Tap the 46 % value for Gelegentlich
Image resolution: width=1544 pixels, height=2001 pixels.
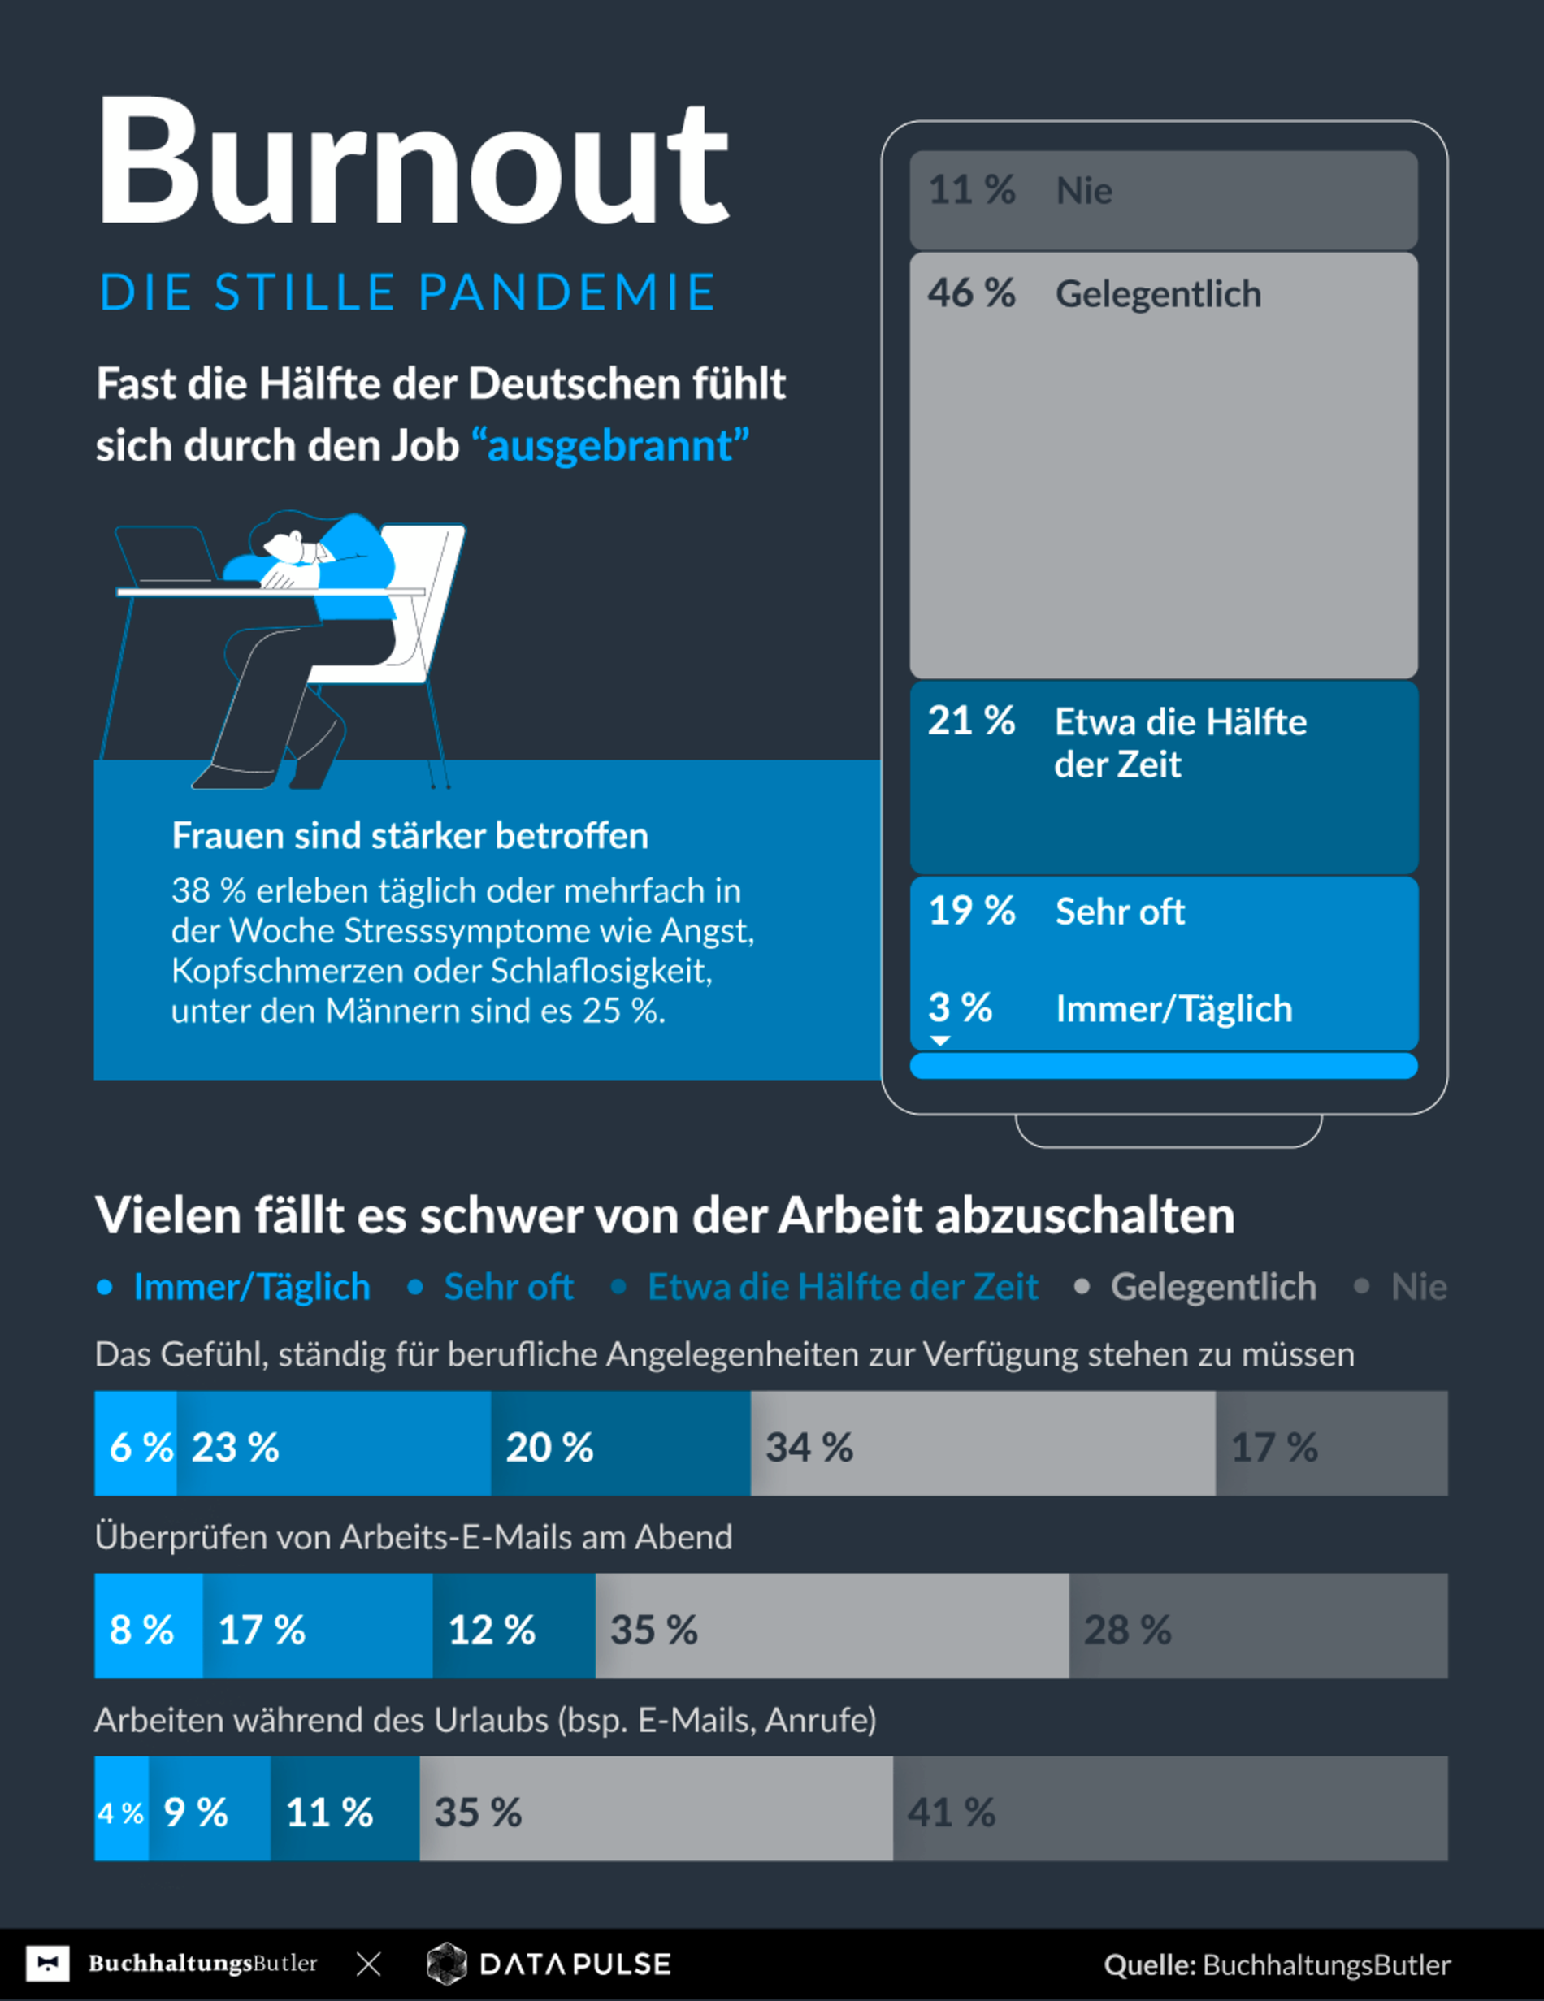click(x=971, y=294)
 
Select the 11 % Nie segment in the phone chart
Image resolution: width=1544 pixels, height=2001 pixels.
click(x=1163, y=200)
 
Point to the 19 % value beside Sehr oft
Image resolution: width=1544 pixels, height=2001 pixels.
click(x=971, y=912)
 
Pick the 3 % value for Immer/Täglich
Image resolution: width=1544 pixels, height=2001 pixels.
click(x=960, y=1008)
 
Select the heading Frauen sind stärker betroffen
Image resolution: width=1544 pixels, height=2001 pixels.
click(x=410, y=836)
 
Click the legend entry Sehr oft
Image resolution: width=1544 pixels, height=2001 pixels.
click(x=509, y=1287)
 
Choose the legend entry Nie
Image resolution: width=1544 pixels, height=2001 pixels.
click(x=1419, y=1287)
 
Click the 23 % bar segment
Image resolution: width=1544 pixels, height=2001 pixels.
click(x=333, y=1444)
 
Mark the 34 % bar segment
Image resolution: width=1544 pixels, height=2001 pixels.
click(x=982, y=1444)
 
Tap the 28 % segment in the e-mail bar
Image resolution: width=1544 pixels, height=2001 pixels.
click(x=1257, y=1627)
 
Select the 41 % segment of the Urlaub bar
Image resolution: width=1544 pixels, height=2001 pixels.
click(x=1169, y=1809)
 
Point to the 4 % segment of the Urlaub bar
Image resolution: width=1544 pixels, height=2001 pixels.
click(x=121, y=1809)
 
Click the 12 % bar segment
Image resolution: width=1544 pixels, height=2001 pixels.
click(x=513, y=1627)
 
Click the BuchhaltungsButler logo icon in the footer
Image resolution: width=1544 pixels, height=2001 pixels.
click(x=48, y=1964)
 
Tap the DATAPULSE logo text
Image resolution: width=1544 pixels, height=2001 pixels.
click(x=575, y=1964)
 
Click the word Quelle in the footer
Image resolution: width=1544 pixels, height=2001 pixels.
click(x=1149, y=1965)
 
